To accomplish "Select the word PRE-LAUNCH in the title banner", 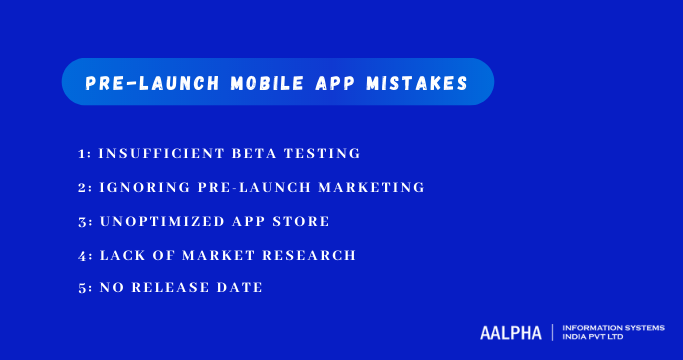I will click(151, 84).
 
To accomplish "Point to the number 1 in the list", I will click(82, 153).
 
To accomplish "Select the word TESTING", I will click(324, 153).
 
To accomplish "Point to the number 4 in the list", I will click(82, 255).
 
